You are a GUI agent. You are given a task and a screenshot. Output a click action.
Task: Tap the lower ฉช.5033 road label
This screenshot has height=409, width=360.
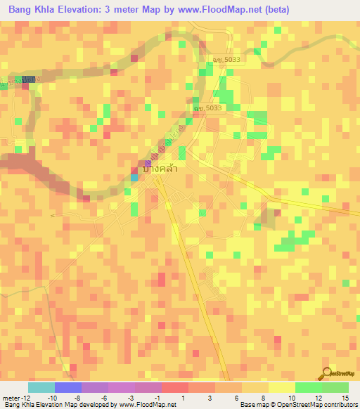208,108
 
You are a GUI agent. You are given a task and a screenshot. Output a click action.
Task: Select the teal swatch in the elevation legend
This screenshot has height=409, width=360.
41,387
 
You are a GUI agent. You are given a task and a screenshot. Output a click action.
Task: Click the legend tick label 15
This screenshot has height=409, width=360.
345,398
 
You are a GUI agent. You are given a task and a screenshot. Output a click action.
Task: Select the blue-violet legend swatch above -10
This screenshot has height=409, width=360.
68,387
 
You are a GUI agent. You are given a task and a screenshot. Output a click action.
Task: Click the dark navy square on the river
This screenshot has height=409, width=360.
29,80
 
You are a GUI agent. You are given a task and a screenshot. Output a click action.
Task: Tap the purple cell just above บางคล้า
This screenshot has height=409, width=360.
148,163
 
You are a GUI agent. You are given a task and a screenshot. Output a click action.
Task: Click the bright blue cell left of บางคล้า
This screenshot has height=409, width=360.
134,177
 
